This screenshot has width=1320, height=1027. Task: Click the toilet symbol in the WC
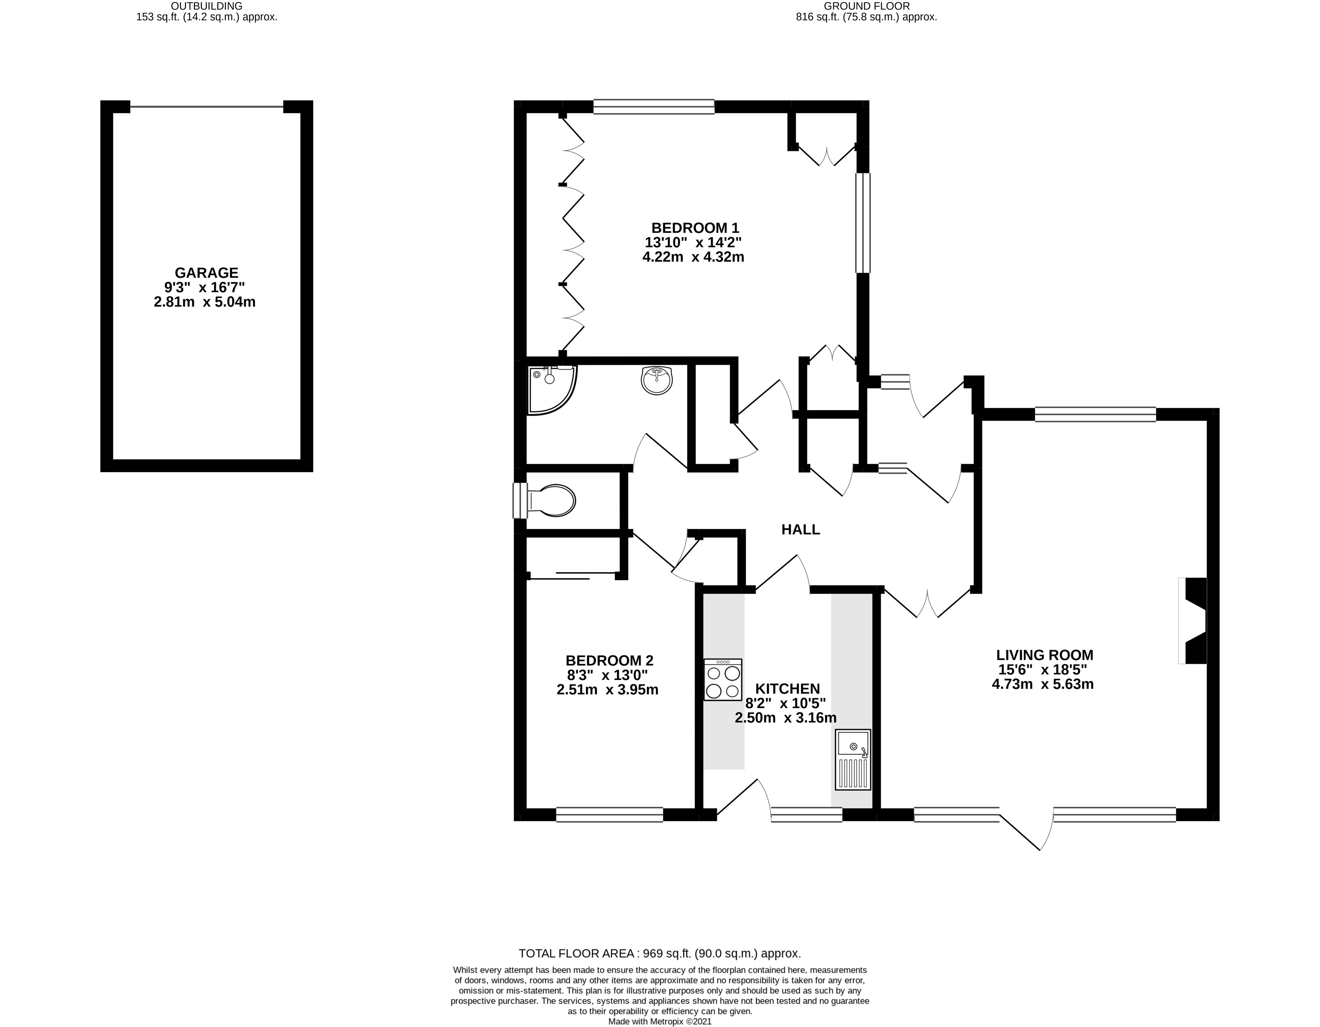click(x=551, y=500)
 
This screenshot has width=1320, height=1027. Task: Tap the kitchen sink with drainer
click(x=853, y=759)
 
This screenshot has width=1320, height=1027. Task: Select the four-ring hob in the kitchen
click(x=723, y=680)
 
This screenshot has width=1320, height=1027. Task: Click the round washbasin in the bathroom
click(x=656, y=381)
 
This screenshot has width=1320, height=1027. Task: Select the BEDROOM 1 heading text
click(x=695, y=228)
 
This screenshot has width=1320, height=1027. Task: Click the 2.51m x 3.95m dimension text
click(x=607, y=689)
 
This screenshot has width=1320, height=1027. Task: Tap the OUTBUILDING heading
click(x=207, y=6)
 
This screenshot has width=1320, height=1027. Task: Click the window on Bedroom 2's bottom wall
click(x=609, y=814)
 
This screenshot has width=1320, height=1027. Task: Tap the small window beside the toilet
click(x=520, y=500)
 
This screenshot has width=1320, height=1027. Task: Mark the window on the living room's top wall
click(x=1095, y=414)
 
